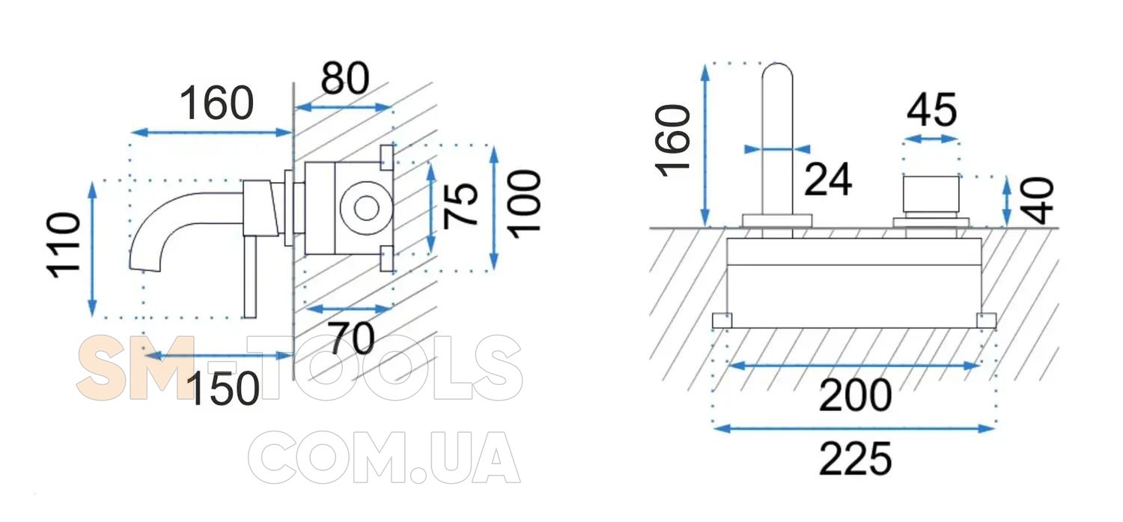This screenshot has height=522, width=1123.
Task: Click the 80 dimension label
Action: tap(345, 78)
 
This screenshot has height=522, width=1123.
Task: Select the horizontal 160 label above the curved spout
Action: tap(216, 103)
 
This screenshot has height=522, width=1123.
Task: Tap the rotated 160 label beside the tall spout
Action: tap(673, 141)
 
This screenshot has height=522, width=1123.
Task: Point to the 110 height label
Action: tap(64, 245)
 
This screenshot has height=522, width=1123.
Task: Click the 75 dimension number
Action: tap(461, 206)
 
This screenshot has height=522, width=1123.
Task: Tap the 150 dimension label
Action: tap(223, 388)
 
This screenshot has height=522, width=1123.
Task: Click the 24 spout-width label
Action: tap(828, 179)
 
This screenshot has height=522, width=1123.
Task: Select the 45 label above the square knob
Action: tap(932, 109)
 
